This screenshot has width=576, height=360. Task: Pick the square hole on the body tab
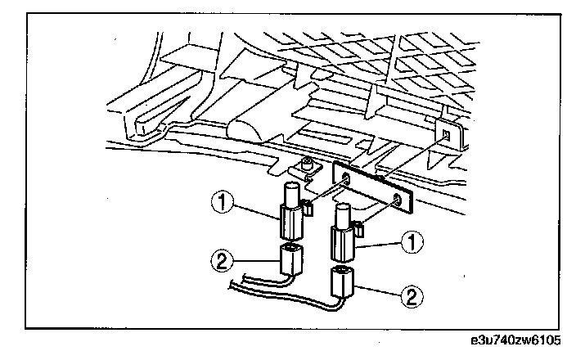coord(445,133)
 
